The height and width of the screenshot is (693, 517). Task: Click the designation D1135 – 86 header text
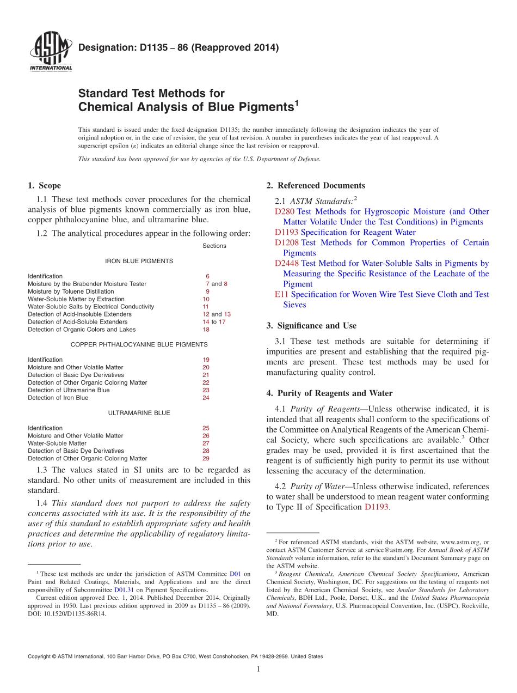(x=179, y=48)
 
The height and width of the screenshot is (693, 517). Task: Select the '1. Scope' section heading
(x=44, y=186)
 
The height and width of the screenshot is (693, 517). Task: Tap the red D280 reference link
(x=285, y=211)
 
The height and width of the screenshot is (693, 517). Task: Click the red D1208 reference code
(x=287, y=242)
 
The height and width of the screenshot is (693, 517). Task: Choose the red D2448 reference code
(x=287, y=263)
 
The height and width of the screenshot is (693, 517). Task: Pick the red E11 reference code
(x=282, y=294)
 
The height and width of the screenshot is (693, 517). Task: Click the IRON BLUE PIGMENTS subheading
(x=139, y=261)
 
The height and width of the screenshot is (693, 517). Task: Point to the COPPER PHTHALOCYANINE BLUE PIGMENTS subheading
(x=139, y=344)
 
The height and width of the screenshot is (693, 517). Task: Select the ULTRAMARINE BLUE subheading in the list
(x=139, y=413)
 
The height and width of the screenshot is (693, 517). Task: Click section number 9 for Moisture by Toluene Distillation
(x=207, y=291)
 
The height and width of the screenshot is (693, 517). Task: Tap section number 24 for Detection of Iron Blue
(x=206, y=398)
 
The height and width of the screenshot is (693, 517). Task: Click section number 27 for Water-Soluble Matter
(x=206, y=443)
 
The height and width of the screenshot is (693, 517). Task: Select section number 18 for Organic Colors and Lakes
(x=206, y=330)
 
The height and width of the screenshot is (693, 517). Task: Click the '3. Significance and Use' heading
(x=311, y=326)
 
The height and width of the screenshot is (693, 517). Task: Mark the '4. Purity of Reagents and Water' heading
(x=329, y=393)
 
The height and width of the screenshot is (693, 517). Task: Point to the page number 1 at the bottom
(x=258, y=669)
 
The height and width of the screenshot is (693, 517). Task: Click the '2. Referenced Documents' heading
(x=316, y=186)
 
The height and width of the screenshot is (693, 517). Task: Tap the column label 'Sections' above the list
(x=214, y=246)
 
